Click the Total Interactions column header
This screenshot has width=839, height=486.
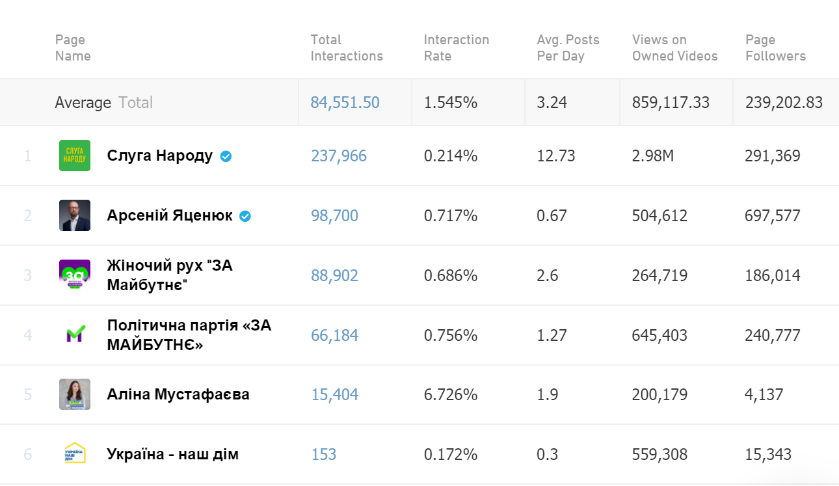point(347,48)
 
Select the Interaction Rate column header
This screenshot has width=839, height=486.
point(456,48)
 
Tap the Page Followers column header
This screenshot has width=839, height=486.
point(775,48)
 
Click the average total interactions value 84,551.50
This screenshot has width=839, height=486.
point(345,103)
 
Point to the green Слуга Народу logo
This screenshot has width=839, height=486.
point(75,155)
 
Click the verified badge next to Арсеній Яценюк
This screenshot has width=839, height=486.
point(245,216)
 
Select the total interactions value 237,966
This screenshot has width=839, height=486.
point(338,156)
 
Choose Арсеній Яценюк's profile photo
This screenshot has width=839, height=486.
point(75,215)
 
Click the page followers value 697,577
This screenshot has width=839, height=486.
point(772,216)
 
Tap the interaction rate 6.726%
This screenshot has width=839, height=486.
point(451,395)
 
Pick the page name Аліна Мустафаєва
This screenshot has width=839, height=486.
point(178,395)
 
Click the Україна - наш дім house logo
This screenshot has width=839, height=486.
point(75,454)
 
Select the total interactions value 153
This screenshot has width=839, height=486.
point(323,455)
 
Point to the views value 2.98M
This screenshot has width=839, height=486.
point(652,156)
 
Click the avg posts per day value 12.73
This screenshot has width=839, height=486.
point(556,156)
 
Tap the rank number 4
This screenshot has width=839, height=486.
point(28,336)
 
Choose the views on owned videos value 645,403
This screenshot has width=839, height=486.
point(659,336)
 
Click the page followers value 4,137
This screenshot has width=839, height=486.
point(764,395)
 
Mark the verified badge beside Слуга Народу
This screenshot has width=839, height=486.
point(226,156)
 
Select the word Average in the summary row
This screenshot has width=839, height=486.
point(83,103)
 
